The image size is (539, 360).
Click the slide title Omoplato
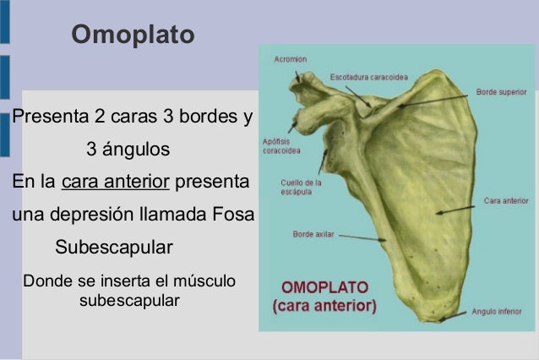click(133, 35)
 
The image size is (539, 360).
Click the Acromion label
click(290, 59)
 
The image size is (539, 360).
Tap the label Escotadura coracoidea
click(368, 77)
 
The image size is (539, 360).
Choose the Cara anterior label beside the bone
click(506, 201)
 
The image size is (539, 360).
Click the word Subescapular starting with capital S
click(113, 249)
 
